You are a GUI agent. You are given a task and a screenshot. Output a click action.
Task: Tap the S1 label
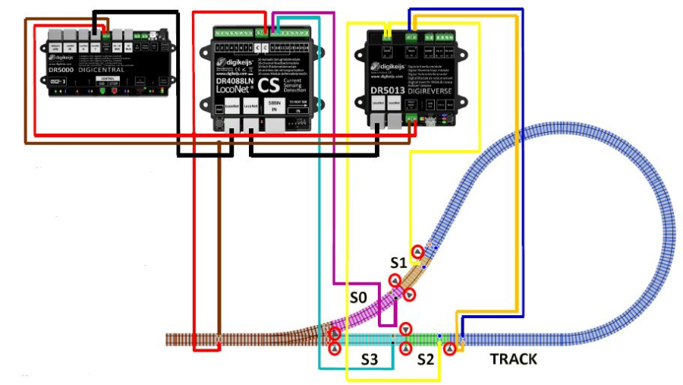(399, 263)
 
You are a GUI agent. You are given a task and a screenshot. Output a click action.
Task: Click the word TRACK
(513, 358)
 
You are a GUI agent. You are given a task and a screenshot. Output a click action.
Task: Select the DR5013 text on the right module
(389, 90)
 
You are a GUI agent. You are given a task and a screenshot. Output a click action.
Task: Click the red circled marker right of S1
(417, 252)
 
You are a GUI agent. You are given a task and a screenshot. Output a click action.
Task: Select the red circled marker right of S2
(449, 349)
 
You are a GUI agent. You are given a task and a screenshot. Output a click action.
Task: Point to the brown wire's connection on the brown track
(219, 338)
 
